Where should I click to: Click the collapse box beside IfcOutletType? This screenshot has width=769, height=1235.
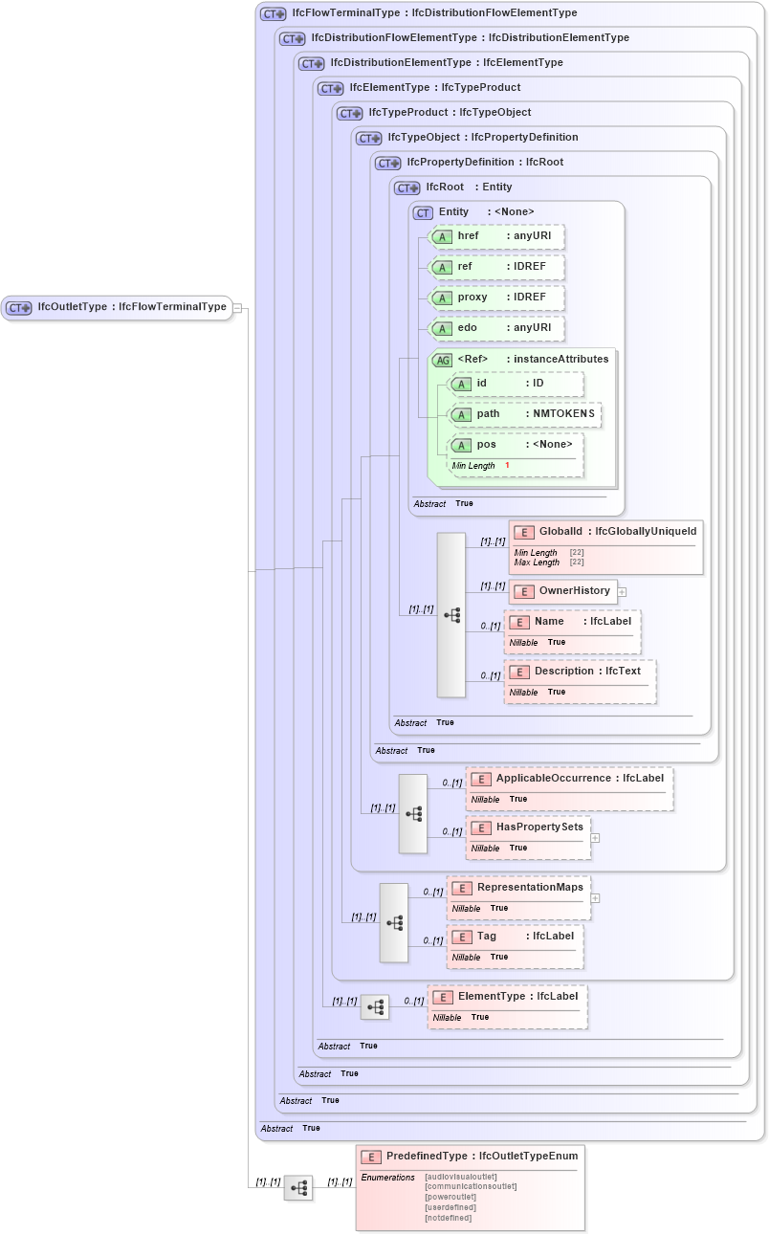click(237, 308)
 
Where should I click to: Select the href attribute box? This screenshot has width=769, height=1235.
click(495, 236)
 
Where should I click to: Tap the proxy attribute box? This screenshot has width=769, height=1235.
click(495, 298)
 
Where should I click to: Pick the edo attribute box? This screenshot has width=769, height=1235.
click(495, 328)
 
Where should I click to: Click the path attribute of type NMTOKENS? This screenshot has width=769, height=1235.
click(525, 414)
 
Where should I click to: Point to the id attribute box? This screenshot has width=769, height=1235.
click(516, 384)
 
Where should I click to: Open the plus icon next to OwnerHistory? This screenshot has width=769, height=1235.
click(622, 591)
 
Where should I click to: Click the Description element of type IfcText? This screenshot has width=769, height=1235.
click(580, 672)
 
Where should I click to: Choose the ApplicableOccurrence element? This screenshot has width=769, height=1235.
click(569, 779)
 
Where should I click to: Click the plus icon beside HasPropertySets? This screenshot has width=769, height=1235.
click(595, 838)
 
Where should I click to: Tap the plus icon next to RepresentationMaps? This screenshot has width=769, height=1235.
click(595, 898)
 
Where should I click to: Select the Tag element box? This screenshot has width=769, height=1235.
click(515, 937)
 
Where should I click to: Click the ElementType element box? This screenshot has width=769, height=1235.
click(507, 997)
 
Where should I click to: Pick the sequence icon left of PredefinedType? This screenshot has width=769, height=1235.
click(298, 1187)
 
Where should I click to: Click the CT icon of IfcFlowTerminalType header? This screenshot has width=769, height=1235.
click(274, 14)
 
